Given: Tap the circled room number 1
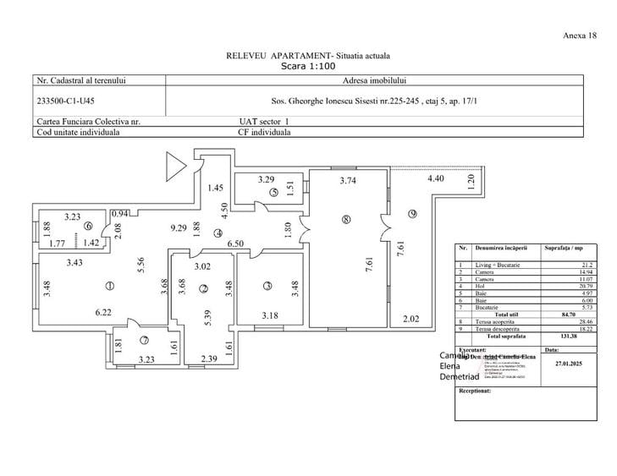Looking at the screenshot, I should [x=109, y=285].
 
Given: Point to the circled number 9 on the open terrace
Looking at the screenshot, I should [x=413, y=213].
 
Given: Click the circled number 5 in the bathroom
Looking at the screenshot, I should [x=274, y=192].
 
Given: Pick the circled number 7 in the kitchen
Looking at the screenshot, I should [x=144, y=341].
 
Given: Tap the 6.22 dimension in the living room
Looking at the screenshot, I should [x=104, y=312].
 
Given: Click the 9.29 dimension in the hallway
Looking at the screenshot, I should [x=178, y=228].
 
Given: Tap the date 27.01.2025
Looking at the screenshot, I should [x=569, y=364].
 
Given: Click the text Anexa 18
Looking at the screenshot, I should [x=580, y=36].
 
